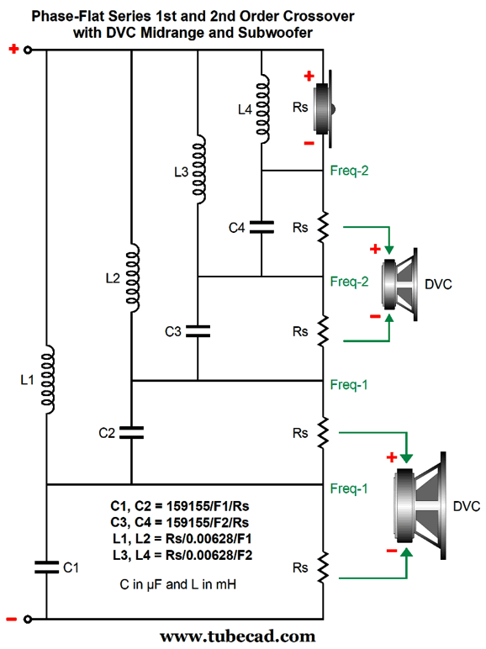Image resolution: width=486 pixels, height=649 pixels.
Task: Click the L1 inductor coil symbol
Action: (48, 379)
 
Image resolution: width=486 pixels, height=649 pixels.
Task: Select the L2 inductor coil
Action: (133, 277)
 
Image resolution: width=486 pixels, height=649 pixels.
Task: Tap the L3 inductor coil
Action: (199, 169)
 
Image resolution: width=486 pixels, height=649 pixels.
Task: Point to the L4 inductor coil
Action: (263, 108)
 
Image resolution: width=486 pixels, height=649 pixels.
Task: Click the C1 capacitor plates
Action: (47, 567)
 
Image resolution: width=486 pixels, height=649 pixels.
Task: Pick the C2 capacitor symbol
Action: (132, 433)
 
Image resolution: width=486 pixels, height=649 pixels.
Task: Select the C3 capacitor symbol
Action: (198, 331)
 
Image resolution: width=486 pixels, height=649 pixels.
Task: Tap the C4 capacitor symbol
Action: (261, 227)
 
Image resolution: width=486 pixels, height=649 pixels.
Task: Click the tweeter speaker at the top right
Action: (324, 108)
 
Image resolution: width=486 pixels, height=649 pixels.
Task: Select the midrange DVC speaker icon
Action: (399, 284)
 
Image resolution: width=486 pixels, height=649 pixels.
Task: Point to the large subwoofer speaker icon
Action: (420, 505)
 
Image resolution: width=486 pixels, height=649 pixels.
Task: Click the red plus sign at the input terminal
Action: (13, 50)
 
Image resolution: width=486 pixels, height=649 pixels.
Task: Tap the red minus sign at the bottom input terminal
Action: (12, 620)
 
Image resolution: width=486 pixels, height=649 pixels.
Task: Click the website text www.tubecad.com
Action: (238, 636)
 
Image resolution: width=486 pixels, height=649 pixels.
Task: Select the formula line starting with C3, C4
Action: (180, 522)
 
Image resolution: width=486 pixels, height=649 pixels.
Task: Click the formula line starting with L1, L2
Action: (182, 539)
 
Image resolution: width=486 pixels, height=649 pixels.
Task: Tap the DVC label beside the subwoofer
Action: (467, 506)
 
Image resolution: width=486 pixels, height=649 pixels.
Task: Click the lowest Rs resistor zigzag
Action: (323, 567)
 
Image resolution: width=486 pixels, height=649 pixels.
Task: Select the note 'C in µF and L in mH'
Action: (178, 584)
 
